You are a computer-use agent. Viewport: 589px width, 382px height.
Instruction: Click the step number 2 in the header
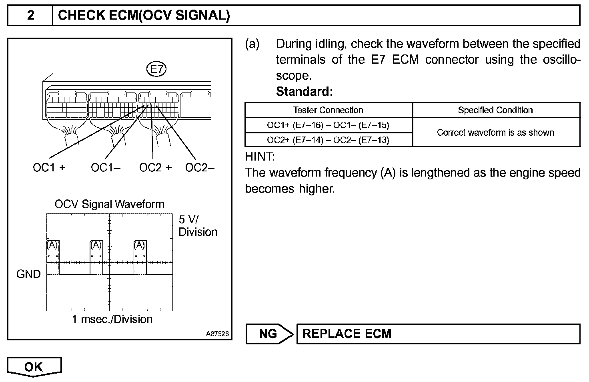point(30,16)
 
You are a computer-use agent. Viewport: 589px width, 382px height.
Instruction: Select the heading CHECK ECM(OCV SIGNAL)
point(144,16)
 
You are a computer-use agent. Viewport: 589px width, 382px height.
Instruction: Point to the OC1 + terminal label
point(49,167)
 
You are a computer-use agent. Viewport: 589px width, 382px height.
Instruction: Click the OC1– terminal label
point(105,167)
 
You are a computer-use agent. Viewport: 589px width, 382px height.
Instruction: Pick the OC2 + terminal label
point(155,167)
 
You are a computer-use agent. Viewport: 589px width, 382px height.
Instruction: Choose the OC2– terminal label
point(200,167)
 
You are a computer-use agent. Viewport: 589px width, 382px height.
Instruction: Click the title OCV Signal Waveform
point(109,204)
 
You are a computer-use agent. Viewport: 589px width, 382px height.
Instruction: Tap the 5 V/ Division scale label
point(198,225)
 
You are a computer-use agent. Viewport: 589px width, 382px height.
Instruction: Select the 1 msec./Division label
point(112,319)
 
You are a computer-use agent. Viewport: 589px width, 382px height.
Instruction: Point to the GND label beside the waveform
point(28,274)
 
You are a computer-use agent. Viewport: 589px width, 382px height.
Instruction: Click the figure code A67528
point(218,333)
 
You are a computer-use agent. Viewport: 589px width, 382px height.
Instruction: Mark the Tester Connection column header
point(328,110)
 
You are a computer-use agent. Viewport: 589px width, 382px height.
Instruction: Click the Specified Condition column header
point(495,110)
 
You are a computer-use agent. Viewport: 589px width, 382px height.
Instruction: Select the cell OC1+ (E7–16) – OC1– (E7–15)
point(328,125)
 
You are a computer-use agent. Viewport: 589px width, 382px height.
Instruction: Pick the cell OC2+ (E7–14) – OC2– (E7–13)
point(328,140)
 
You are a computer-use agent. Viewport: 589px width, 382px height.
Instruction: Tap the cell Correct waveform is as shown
point(495,133)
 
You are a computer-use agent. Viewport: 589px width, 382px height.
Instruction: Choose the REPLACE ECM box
point(438,334)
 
